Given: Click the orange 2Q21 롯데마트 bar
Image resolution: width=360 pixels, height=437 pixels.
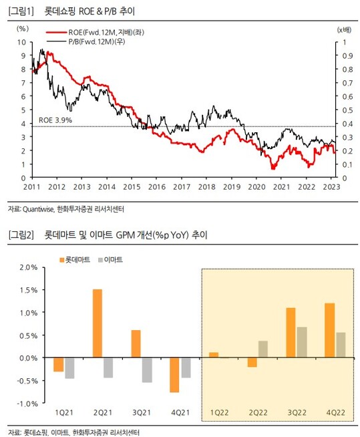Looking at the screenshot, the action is [98, 323].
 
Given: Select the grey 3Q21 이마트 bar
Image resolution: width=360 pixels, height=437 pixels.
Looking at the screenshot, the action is [147, 370].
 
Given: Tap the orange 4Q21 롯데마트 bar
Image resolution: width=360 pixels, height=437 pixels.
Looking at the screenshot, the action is [174, 375].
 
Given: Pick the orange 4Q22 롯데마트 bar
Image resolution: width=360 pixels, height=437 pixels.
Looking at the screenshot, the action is [330, 330].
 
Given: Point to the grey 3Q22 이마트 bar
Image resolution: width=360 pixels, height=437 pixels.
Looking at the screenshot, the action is [302, 342].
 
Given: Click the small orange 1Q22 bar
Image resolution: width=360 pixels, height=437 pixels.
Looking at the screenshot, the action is [214, 355].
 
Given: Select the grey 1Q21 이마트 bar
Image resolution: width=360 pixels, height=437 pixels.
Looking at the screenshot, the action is [69, 368].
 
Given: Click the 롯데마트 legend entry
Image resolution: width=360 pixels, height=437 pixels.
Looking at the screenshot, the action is [75, 260].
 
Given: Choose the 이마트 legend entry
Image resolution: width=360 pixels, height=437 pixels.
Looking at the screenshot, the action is [110, 260].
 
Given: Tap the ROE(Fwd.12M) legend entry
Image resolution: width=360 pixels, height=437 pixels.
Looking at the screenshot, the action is [95, 32].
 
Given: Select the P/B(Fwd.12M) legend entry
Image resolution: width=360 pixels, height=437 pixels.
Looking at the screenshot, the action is [85, 41].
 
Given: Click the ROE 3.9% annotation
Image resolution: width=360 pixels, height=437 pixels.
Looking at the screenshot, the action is [55, 120].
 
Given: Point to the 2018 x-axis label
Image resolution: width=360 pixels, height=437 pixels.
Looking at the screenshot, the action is [207, 186].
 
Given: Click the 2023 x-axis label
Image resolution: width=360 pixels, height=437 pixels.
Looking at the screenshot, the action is [331, 186].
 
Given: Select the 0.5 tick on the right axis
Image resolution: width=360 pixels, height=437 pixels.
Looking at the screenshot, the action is [348, 110].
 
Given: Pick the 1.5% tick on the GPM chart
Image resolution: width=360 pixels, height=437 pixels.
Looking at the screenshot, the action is [29, 290].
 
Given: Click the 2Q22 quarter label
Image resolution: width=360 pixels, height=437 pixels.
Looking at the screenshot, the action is [258, 412].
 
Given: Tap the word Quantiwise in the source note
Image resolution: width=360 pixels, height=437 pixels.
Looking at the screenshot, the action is [38, 209].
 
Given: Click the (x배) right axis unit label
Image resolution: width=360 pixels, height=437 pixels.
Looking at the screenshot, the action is [345, 29].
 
